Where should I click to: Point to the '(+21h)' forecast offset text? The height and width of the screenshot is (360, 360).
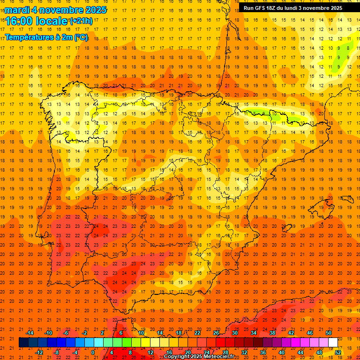(x=81, y=21)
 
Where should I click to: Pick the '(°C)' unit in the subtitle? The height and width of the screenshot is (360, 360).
(x=81, y=37)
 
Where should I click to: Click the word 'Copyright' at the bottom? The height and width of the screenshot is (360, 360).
(x=177, y=357)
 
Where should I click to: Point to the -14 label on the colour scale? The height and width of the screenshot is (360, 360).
(x=30, y=333)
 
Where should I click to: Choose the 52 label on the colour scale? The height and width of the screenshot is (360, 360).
(x=337, y=352)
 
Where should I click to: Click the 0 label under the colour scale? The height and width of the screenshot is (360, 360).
(x=93, y=352)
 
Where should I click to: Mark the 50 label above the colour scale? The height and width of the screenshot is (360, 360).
(x=328, y=333)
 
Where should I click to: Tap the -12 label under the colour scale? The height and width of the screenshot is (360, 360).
(x=39, y=352)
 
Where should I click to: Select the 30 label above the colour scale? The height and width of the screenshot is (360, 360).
(x=234, y=333)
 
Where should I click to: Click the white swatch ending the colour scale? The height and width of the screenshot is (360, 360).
(x=333, y=343)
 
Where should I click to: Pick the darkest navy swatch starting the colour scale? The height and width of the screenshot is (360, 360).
(x=23, y=343)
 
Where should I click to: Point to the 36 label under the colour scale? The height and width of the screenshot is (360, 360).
(x=262, y=352)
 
